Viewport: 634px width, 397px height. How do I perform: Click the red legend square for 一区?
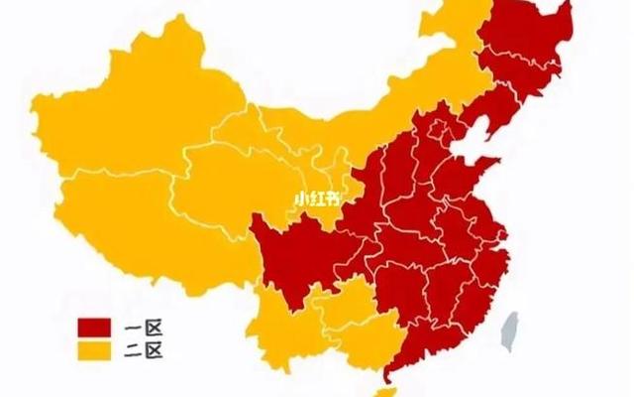tap(94, 327)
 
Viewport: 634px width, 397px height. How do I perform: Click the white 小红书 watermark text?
tap(316, 197)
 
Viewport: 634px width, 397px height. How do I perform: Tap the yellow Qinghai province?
tap(223, 174)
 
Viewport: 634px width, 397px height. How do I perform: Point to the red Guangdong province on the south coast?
tap(416, 332)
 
